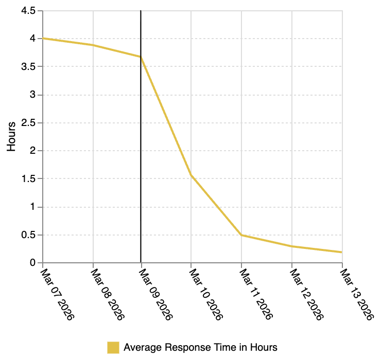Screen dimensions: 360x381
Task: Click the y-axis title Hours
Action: point(11,136)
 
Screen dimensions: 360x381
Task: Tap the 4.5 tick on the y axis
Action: point(29,11)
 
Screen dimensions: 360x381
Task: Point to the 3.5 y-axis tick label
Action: point(29,67)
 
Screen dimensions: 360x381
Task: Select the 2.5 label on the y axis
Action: point(29,123)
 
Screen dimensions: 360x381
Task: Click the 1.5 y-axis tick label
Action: point(29,179)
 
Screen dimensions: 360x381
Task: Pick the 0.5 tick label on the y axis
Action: point(29,235)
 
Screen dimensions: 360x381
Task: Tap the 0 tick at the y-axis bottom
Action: point(33,263)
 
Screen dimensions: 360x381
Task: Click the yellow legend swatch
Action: point(113,347)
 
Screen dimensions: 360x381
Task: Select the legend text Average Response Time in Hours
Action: point(200,347)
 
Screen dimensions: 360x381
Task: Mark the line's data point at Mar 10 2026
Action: point(191,175)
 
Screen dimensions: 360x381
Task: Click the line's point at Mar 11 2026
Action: point(241,235)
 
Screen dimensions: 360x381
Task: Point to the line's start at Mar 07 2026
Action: point(43,38)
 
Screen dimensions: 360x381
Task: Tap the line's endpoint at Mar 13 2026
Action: point(341,252)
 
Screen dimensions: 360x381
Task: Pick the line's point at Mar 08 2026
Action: point(93,45)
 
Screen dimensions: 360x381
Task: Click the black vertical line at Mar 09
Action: point(141,154)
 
